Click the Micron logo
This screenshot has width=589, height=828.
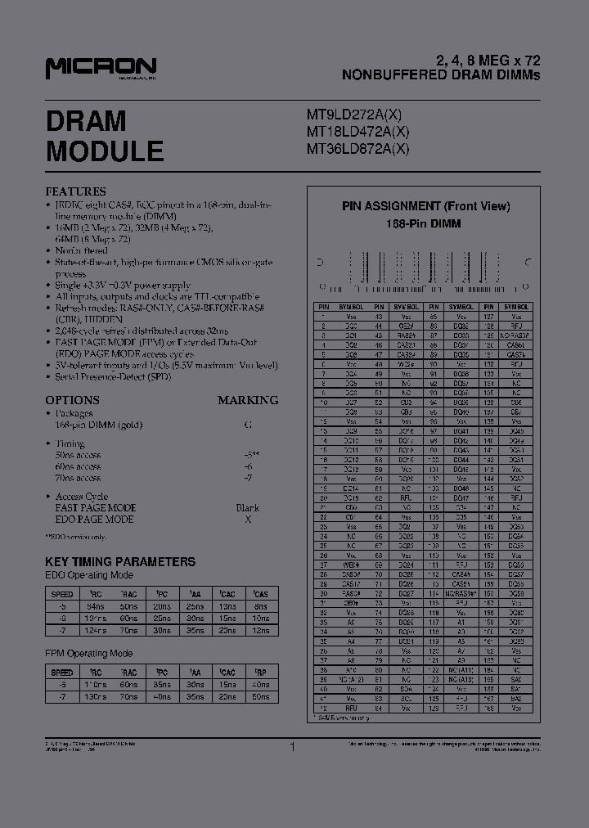click(x=101, y=68)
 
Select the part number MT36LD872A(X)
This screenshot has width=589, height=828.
click(x=357, y=149)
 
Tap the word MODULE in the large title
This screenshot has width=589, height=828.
click(x=105, y=151)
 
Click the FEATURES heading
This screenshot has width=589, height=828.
click(x=75, y=191)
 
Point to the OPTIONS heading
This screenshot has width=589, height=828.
click(x=72, y=400)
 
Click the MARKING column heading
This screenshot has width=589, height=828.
click(x=248, y=400)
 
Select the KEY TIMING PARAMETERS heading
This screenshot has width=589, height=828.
click(x=120, y=561)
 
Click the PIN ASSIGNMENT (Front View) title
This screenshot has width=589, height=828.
click(x=425, y=206)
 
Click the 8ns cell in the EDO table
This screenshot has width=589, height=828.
click(x=260, y=606)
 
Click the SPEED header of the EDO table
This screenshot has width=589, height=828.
click(x=62, y=593)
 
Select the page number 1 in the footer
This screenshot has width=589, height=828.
click(x=292, y=745)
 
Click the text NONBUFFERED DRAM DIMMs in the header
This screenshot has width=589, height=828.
click(x=441, y=74)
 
